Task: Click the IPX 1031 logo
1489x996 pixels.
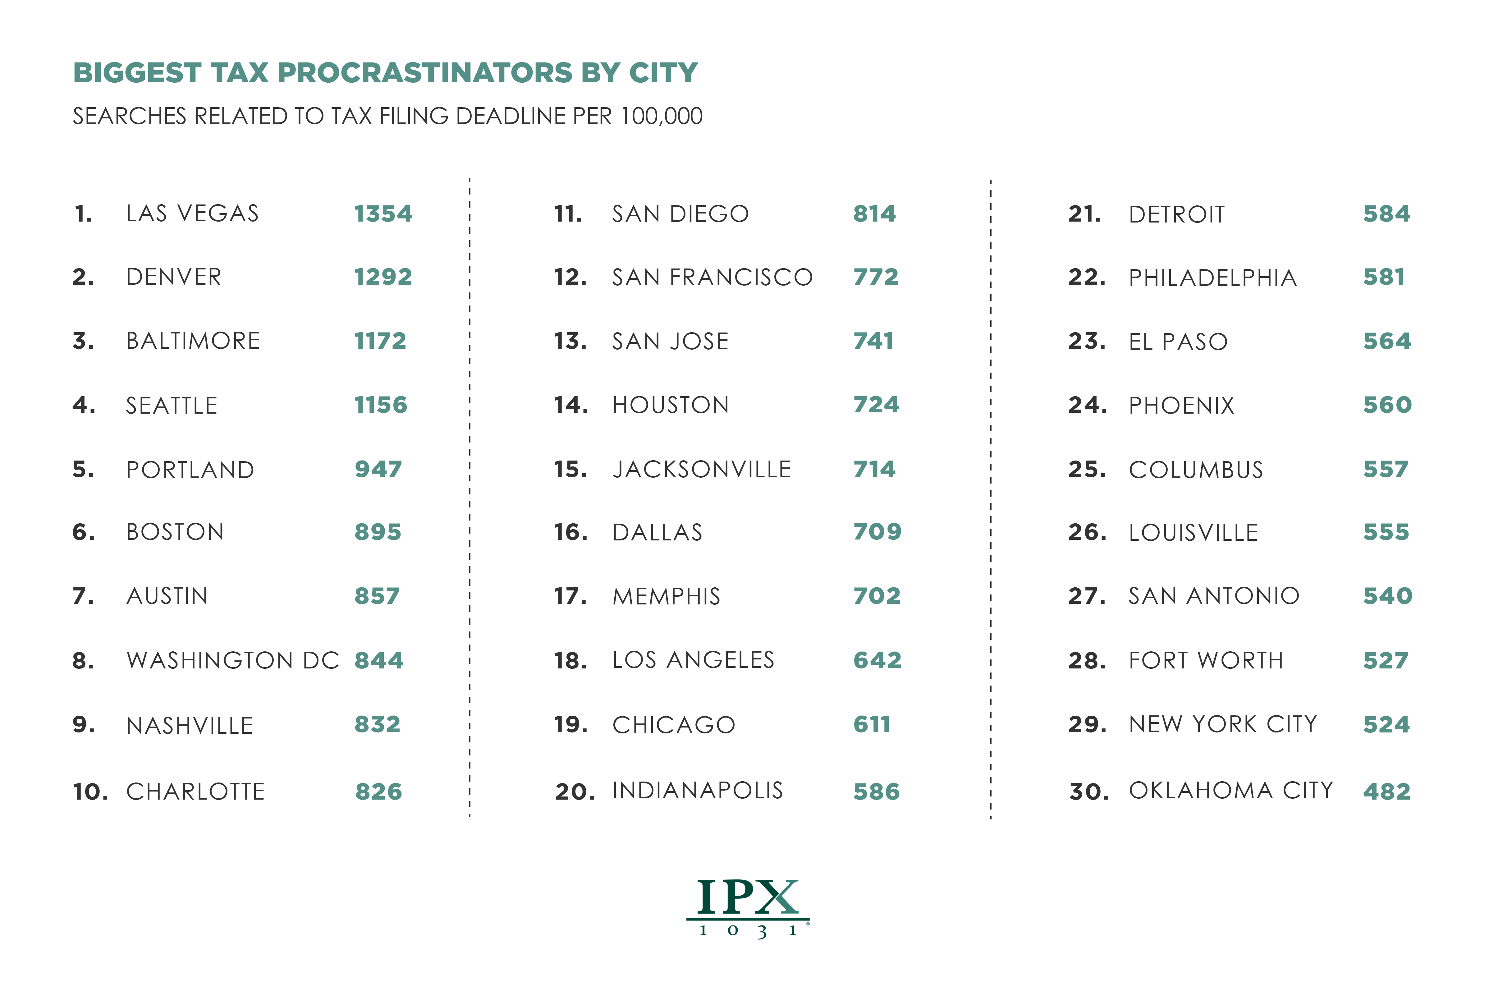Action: (x=747, y=907)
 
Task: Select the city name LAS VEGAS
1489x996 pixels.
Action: (x=192, y=213)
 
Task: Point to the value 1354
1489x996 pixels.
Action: (x=383, y=213)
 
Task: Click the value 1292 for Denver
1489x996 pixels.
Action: (x=383, y=277)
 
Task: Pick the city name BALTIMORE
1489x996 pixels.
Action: (x=193, y=341)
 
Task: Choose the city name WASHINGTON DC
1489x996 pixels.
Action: (x=232, y=661)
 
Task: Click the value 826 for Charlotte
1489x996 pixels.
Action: (x=378, y=792)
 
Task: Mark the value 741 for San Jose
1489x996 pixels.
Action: (x=873, y=341)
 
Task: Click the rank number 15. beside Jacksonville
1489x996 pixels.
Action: (x=570, y=470)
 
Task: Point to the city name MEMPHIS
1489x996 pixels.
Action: (x=666, y=596)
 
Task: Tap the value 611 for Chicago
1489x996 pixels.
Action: (x=872, y=725)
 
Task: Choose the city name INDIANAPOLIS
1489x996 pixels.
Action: (x=697, y=791)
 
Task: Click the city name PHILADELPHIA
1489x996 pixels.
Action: (x=1212, y=278)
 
